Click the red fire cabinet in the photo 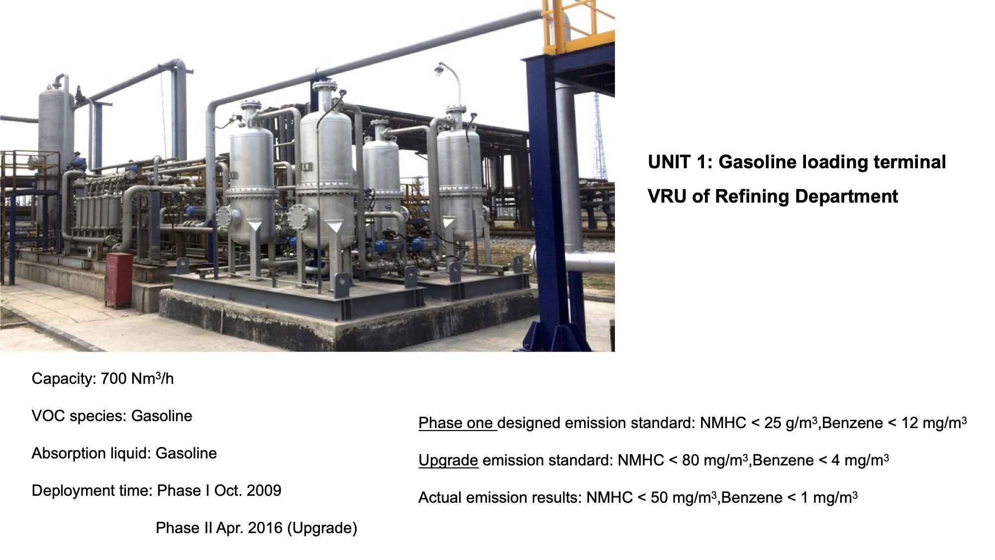(118, 280)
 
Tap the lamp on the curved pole (440, 69)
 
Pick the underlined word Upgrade (448, 460)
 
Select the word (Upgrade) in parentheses (322, 528)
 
